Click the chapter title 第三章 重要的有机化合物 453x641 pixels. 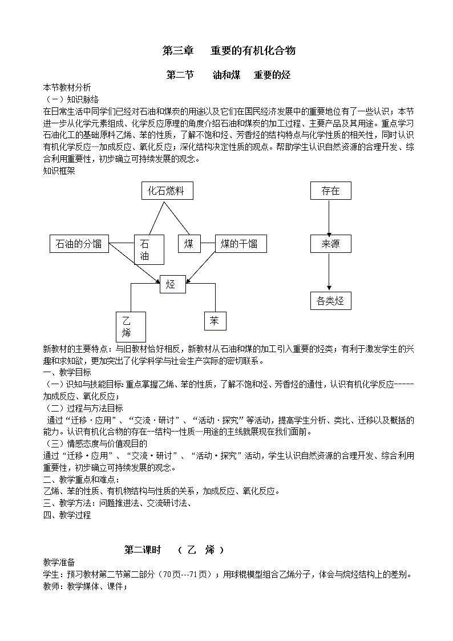(229, 51)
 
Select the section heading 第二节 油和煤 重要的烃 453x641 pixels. (229, 75)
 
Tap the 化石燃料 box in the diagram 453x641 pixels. (167, 191)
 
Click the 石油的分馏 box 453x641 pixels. (79, 244)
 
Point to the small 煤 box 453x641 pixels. (189, 244)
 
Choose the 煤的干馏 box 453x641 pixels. (240, 244)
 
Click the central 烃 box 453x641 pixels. (172, 284)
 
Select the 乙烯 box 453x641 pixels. (131, 326)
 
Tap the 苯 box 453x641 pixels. (215, 321)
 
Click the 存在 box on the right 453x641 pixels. (330, 191)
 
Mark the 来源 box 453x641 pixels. (330, 244)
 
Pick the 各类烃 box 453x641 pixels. (330, 300)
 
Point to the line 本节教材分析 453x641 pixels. (67, 88)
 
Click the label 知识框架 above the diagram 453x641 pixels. (59, 170)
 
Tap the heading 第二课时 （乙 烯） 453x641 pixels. (174, 550)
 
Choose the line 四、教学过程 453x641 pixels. (67, 515)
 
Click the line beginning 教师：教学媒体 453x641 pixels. (85, 586)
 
